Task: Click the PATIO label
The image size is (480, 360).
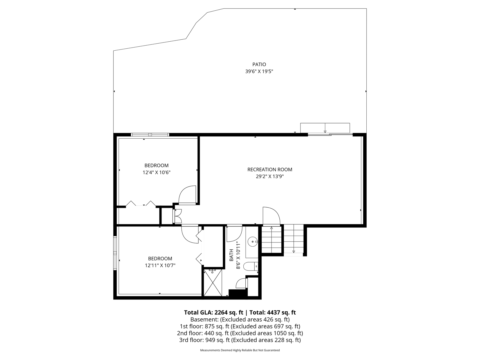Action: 259,64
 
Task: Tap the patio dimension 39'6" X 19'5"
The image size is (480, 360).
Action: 259,71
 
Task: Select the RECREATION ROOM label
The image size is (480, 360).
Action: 270,170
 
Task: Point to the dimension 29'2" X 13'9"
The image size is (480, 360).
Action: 270,177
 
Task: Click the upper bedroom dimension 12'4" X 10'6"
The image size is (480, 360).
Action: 156,172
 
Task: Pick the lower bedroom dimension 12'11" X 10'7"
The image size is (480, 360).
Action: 160,265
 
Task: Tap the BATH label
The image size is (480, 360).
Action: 231,255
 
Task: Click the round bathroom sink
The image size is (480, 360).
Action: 253,241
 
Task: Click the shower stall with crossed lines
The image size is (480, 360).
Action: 213,282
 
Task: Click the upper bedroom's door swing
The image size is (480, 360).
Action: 187,195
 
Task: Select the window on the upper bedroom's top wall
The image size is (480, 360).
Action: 150,135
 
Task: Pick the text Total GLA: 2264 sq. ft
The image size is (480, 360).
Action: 213,312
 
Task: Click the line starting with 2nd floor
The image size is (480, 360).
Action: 240,333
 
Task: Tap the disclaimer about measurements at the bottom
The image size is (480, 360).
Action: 240,350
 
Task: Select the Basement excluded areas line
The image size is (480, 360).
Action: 240,319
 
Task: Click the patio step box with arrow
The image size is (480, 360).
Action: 325,128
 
